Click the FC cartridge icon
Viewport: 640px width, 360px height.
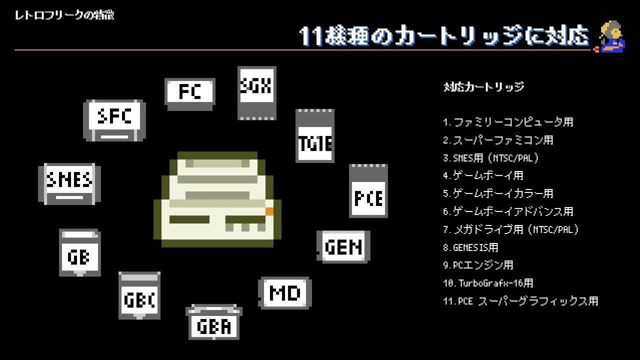pos(190,94)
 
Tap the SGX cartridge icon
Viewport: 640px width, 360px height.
pos(257,93)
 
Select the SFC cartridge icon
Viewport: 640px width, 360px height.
pos(114,120)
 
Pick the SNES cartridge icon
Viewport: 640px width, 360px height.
pos(69,183)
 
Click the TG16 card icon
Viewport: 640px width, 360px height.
pos(315,135)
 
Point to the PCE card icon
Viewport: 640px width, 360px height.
pos(368,190)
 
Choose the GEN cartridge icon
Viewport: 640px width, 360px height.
pos(343,246)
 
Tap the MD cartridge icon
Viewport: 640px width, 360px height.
pos(285,293)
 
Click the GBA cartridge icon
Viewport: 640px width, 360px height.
pos(214,322)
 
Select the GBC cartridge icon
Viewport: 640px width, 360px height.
pos(139,295)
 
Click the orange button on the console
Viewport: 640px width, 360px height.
pos(269,211)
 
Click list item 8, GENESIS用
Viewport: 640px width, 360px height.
pos(470,247)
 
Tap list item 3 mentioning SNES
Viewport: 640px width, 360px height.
pos(491,158)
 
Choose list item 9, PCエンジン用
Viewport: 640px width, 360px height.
pos(478,265)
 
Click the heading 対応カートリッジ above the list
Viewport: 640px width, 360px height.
pos(484,87)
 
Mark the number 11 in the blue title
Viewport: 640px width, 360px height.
pos(311,37)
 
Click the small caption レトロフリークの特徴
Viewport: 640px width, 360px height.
pos(64,15)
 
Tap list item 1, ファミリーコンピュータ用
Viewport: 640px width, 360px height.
pos(508,122)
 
